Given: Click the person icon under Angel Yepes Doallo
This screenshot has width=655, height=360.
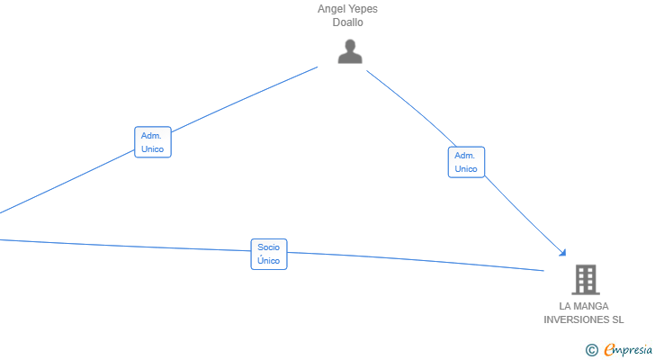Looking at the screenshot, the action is coord(350,51).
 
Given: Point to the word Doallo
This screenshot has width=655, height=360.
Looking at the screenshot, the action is coord(347,22).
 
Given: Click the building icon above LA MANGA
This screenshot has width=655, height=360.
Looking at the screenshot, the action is coord(586,279).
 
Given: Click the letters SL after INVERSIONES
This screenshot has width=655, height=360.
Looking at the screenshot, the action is coord(618,319).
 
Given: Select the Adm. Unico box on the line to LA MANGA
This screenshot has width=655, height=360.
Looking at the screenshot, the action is coord(466,162).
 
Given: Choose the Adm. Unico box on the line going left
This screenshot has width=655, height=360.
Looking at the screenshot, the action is coord(153,142).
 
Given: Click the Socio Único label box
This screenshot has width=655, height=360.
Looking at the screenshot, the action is coord(269,254).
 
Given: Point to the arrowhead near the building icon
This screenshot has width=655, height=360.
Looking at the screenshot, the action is coord(563,253).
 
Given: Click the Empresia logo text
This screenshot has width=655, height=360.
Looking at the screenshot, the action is coord(628,349).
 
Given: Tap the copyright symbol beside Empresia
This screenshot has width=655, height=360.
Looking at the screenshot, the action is coord(591,350).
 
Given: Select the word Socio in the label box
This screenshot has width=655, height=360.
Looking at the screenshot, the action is coord(268,247).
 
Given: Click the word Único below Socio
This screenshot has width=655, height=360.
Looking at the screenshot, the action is coord(269,260).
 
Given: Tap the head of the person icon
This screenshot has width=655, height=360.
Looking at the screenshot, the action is coord(350,45).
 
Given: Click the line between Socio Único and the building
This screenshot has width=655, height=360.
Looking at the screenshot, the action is coord(416,261).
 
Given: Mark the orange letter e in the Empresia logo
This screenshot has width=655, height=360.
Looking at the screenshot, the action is coord(610,349).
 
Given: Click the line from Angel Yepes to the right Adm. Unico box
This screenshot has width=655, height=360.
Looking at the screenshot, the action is coord(412,107).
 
